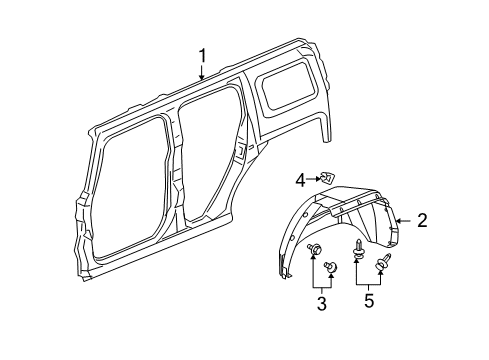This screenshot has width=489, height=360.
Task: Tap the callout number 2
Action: (422, 221)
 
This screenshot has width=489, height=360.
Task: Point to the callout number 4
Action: (300, 180)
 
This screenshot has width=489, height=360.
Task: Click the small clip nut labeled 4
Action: (327, 178)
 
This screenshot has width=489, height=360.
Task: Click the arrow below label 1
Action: (201, 74)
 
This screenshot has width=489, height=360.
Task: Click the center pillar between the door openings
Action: (172, 170)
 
